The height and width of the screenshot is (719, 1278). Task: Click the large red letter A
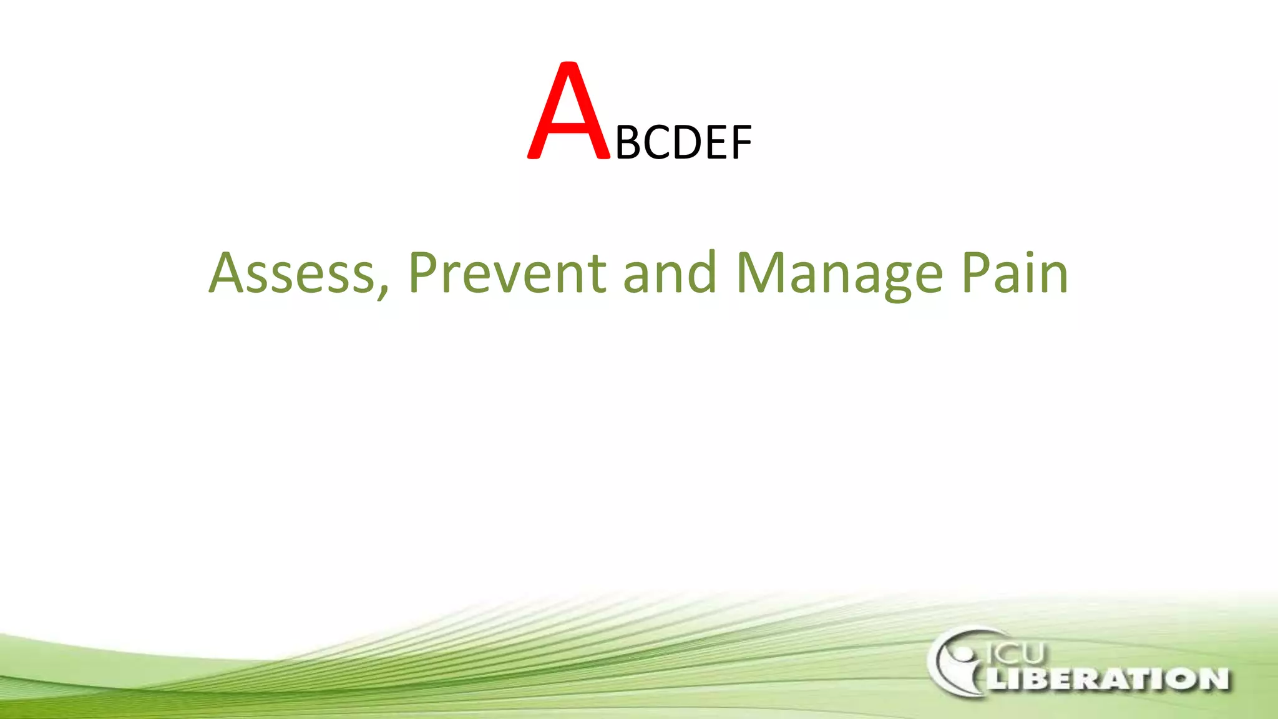coord(568,112)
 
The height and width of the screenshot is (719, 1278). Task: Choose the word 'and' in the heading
coord(670,273)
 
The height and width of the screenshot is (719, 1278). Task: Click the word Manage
coord(839,273)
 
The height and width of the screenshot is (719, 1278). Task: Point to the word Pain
coord(1015,273)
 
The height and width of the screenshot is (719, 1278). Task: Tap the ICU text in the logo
coord(1015,653)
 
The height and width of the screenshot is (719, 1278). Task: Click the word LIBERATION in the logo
coord(1108,678)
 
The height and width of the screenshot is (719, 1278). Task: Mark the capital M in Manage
coord(760,273)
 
